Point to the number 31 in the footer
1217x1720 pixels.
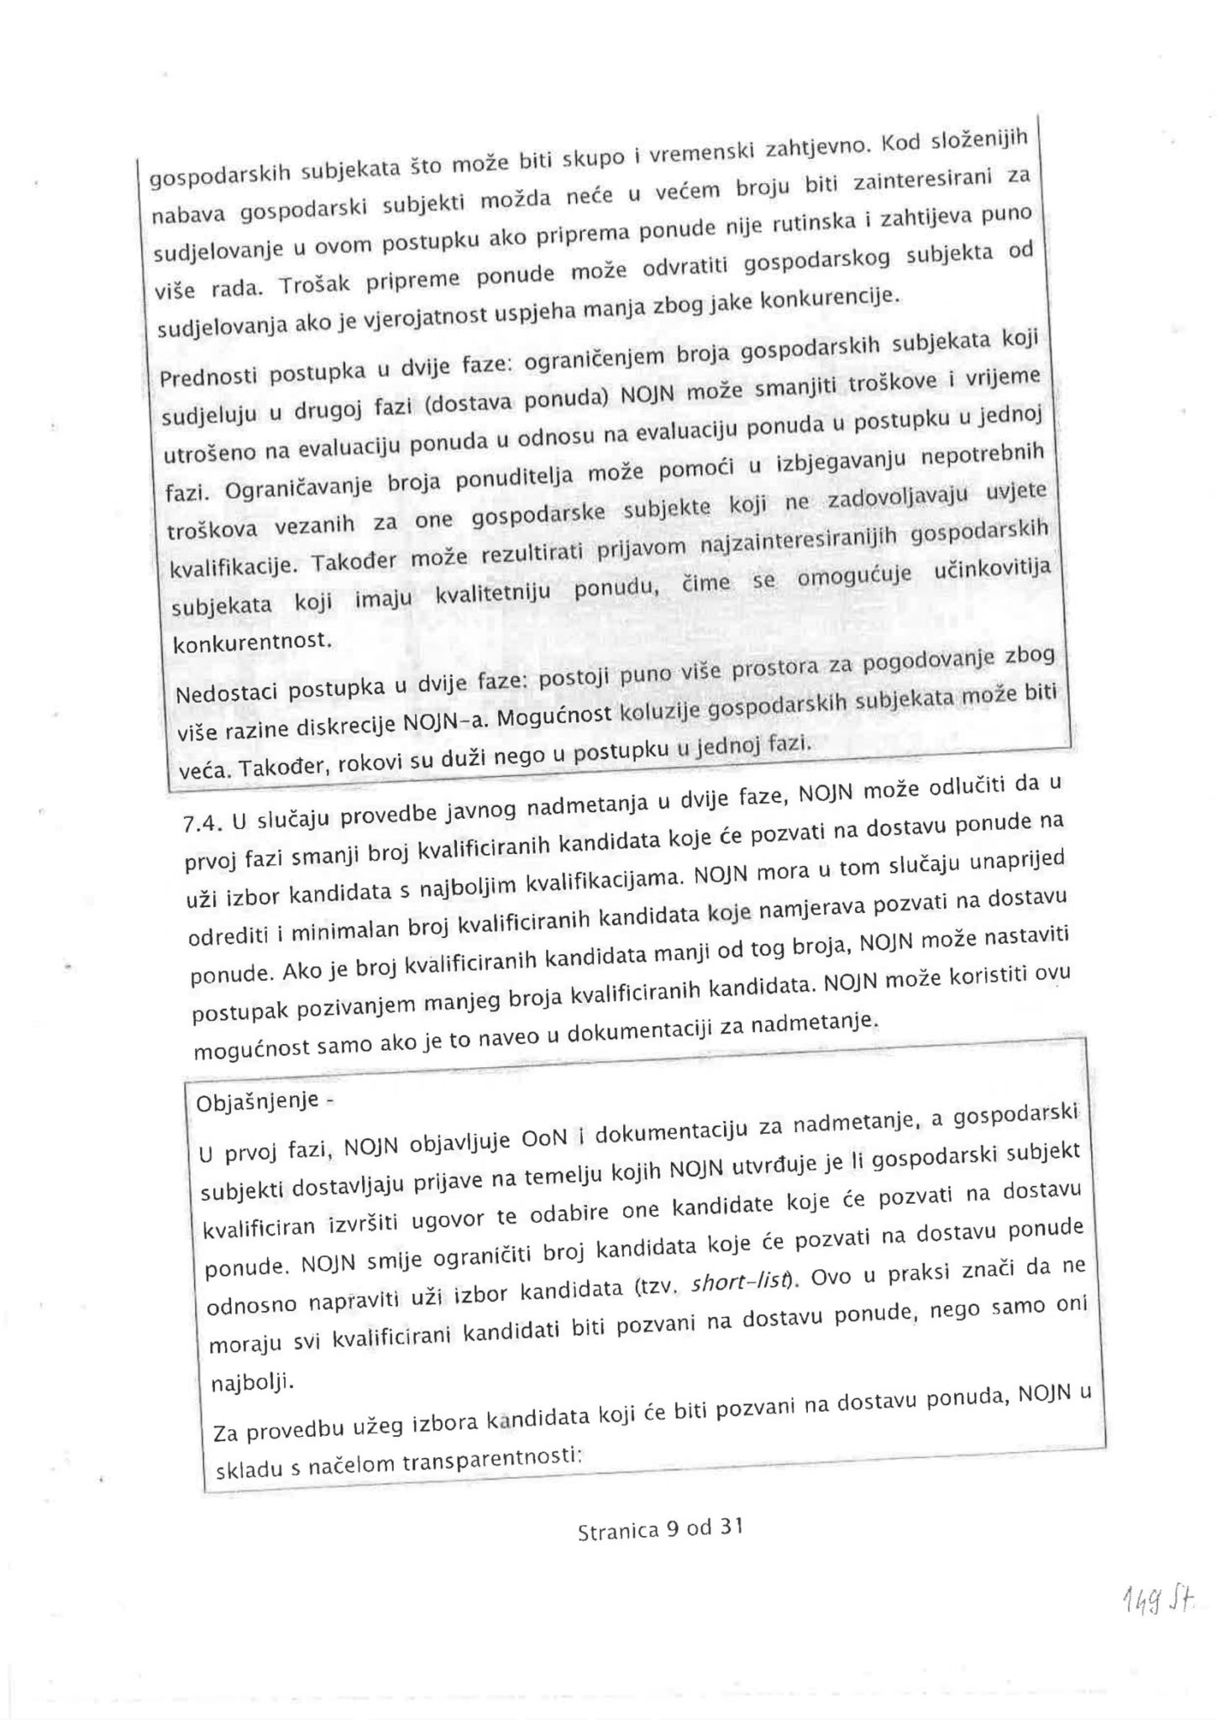pos(732,1527)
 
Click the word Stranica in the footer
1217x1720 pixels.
pos(618,1531)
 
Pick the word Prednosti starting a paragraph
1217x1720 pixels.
pos(206,375)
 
